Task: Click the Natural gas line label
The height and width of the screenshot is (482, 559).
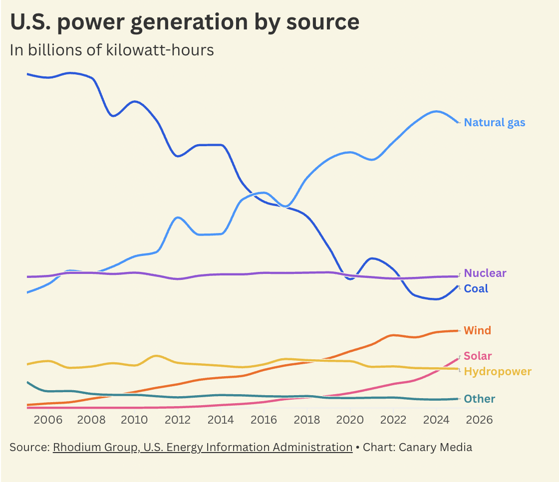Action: tap(494, 122)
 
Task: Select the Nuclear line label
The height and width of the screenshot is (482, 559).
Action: tap(485, 273)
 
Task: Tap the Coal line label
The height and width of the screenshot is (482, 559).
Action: tap(476, 288)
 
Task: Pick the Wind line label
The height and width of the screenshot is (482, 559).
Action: tap(477, 330)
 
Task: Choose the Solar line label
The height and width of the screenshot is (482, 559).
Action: tap(478, 356)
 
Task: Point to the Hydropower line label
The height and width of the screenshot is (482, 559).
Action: tap(497, 371)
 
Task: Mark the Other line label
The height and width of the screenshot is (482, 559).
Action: tap(479, 399)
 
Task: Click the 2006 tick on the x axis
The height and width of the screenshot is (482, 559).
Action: tap(48, 419)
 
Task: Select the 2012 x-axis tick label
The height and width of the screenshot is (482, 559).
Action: tap(177, 419)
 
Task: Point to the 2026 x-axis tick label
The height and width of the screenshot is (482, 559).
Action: tap(480, 419)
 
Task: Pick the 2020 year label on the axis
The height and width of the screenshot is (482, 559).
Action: tap(350, 419)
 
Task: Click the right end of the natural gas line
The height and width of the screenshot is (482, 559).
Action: tap(458, 122)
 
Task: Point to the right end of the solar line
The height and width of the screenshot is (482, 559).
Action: tap(458, 358)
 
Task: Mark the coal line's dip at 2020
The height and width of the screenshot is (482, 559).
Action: tap(349, 279)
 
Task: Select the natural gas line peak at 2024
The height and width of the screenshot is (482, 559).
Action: tap(437, 111)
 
